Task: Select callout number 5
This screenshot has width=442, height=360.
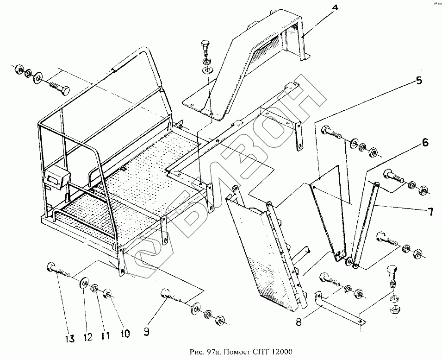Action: pyautogui.click(x=419, y=81)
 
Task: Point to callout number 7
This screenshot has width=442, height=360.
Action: pyautogui.click(x=430, y=212)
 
